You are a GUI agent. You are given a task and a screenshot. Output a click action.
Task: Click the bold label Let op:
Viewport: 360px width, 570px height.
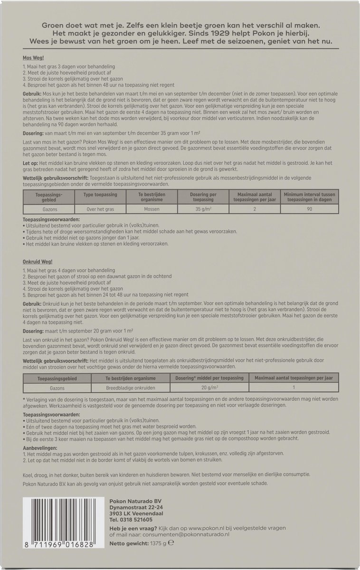click(x=30, y=163)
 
